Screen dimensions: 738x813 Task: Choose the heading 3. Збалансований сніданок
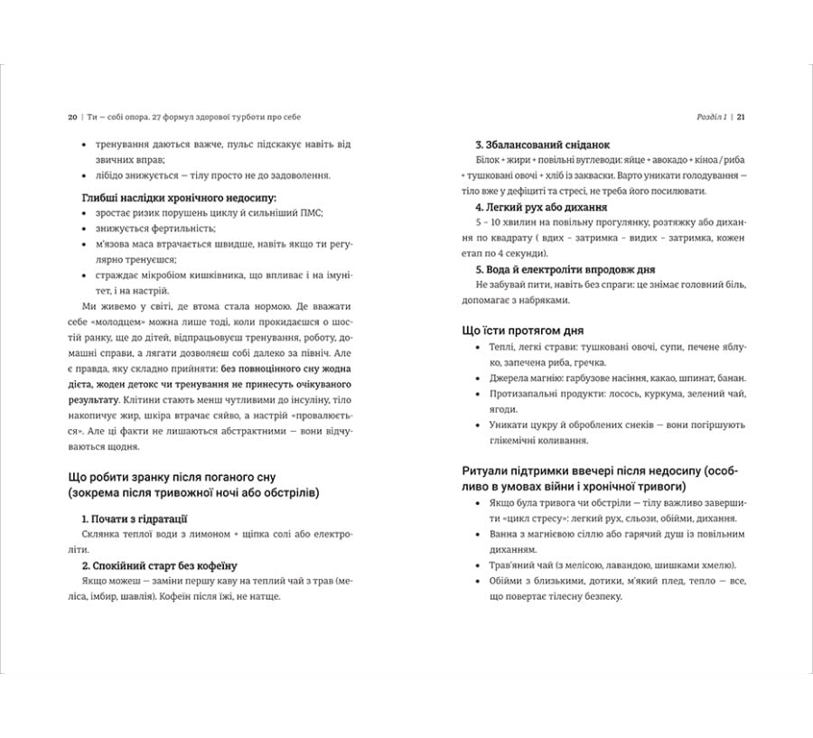[x=542, y=145]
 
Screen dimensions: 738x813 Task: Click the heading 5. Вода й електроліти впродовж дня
[x=571, y=269]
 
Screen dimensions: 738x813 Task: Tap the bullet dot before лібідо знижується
[x=83, y=175]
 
